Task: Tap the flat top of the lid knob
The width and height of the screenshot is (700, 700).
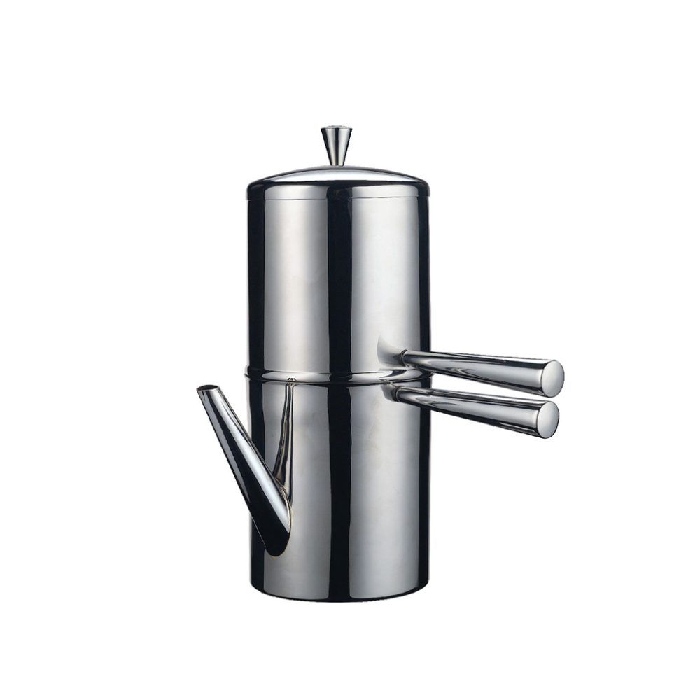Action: pos(337,128)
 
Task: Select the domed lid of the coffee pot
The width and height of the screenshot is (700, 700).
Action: pos(337,174)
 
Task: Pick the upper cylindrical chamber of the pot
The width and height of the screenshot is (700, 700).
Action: pos(308,280)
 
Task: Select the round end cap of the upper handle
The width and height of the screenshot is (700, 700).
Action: pos(553,378)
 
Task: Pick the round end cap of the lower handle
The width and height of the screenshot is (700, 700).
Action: pos(547,419)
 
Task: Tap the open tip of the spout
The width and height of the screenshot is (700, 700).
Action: pos(206,389)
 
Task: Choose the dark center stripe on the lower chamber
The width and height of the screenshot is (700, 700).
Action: pos(339,490)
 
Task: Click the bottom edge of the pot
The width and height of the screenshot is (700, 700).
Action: pos(339,598)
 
